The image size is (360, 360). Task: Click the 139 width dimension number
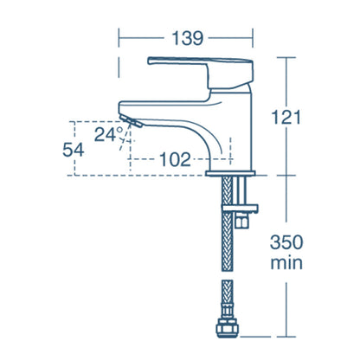(x=186, y=38)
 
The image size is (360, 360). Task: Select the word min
(x=285, y=261)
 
